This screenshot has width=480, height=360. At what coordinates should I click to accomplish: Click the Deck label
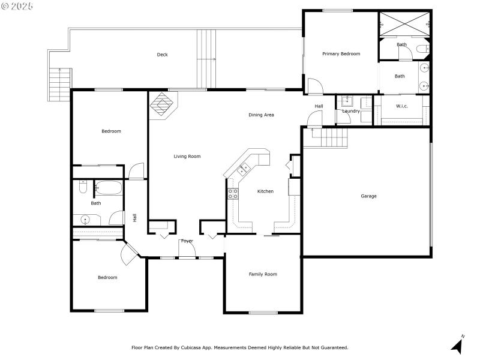tap(162, 55)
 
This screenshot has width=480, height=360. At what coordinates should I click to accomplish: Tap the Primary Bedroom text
tap(341, 54)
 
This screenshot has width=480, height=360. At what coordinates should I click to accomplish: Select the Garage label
tap(368, 196)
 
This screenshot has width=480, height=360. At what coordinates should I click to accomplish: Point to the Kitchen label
tap(265, 191)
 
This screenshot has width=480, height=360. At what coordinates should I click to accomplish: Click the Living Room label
tap(187, 157)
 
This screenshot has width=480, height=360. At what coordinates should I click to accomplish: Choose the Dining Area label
tap(261, 115)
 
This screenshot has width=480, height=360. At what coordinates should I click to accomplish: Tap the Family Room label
tap(263, 274)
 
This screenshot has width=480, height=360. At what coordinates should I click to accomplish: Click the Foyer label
tap(187, 241)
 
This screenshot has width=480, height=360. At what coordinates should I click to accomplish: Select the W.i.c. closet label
tap(402, 107)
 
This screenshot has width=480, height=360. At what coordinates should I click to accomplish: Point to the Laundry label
tap(351, 111)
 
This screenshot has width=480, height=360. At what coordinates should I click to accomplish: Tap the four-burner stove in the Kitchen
tap(232, 193)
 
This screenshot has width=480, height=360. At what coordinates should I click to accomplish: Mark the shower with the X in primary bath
tap(404, 23)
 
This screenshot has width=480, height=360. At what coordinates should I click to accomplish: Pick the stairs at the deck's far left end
tap(60, 84)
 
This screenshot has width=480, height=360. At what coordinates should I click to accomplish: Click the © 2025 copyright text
tap(17, 5)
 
